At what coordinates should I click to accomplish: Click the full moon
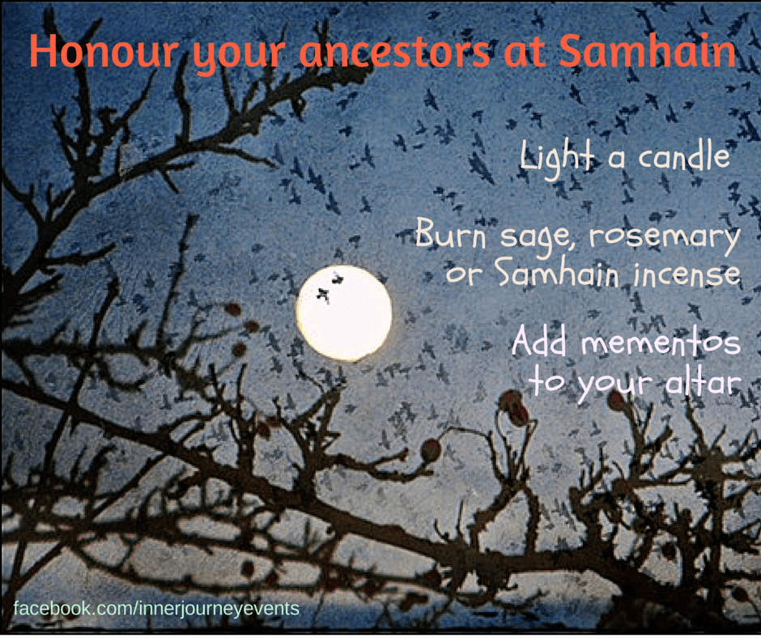click(x=343, y=313)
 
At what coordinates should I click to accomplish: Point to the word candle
click(x=684, y=155)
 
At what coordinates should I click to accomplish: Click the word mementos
click(x=661, y=342)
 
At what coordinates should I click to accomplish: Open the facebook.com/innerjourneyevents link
click(x=156, y=608)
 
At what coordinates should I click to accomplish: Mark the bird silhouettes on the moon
click(x=329, y=288)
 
